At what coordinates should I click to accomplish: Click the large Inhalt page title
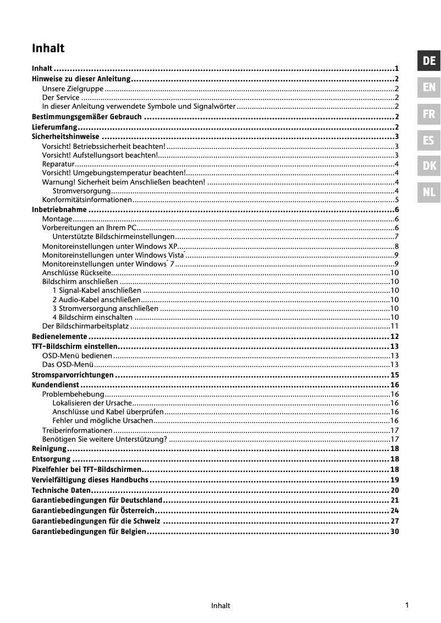pyautogui.click(x=48, y=48)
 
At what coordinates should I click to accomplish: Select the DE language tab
pyautogui.click(x=429, y=60)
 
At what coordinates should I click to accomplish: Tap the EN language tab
pyautogui.click(x=429, y=87)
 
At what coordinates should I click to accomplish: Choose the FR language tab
pyautogui.click(x=429, y=114)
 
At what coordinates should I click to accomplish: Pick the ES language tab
pyautogui.click(x=429, y=140)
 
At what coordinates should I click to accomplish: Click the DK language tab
pyautogui.click(x=429, y=166)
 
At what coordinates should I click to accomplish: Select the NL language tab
pyautogui.click(x=429, y=192)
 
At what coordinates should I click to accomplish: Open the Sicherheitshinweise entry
pyautogui.click(x=65, y=137)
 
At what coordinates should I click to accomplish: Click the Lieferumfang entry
pyautogui.click(x=54, y=127)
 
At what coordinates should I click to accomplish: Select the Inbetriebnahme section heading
pyautogui.click(x=59, y=209)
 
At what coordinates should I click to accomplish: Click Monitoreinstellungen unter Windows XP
pyautogui.click(x=109, y=246)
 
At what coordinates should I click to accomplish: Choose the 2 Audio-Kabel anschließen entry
pyautogui.click(x=96, y=299)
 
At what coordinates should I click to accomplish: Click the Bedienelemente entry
pyautogui.click(x=59, y=336)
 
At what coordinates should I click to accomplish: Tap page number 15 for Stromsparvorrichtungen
pyautogui.click(x=394, y=375)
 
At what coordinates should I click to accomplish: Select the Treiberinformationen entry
pyautogui.click(x=77, y=430)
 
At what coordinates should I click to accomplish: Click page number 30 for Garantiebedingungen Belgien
pyautogui.click(x=394, y=532)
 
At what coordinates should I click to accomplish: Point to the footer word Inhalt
pyautogui.click(x=220, y=606)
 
